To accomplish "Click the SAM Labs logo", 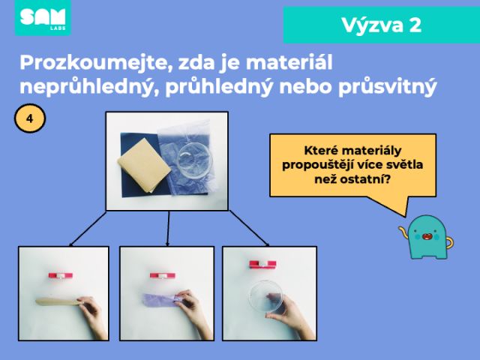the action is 43,18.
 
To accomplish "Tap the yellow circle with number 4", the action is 30,118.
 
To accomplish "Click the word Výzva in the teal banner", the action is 372,25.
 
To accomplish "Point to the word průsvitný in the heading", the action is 388,87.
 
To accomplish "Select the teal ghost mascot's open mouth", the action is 427,236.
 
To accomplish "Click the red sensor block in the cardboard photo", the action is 61,275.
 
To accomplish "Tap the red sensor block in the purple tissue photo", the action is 163,276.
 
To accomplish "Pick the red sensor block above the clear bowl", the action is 262,264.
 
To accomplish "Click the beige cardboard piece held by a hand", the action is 59,301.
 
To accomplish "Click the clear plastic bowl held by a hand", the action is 265,295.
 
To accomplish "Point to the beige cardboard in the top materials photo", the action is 144,165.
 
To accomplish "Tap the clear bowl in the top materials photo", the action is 195,160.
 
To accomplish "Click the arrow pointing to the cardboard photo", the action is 88,229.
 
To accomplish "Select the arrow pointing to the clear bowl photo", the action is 250,228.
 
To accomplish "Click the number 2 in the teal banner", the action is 415,25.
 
